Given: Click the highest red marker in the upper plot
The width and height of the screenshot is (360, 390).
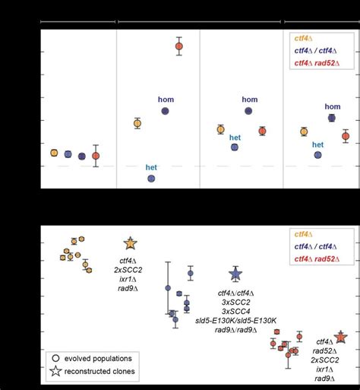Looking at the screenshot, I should coord(179,46).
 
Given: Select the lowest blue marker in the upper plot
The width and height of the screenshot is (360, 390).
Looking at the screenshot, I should coord(151,178).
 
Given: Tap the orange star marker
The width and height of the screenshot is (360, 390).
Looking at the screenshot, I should coord(130,243).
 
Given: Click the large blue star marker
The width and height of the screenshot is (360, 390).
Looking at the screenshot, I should coord(235,274).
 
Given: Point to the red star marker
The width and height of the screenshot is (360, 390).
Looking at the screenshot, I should coord(340,337).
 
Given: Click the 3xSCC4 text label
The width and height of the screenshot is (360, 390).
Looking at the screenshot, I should coord(235,311).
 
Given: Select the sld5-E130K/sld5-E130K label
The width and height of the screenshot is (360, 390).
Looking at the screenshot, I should coord(235,320).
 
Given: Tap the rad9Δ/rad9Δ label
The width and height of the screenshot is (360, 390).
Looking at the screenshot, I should coord(235,330).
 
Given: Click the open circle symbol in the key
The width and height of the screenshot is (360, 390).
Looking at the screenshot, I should coord(57,357).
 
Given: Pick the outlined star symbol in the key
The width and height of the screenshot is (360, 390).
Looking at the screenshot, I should coord(57,372).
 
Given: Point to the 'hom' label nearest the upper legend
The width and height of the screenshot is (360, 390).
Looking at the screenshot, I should coord(333,106).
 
